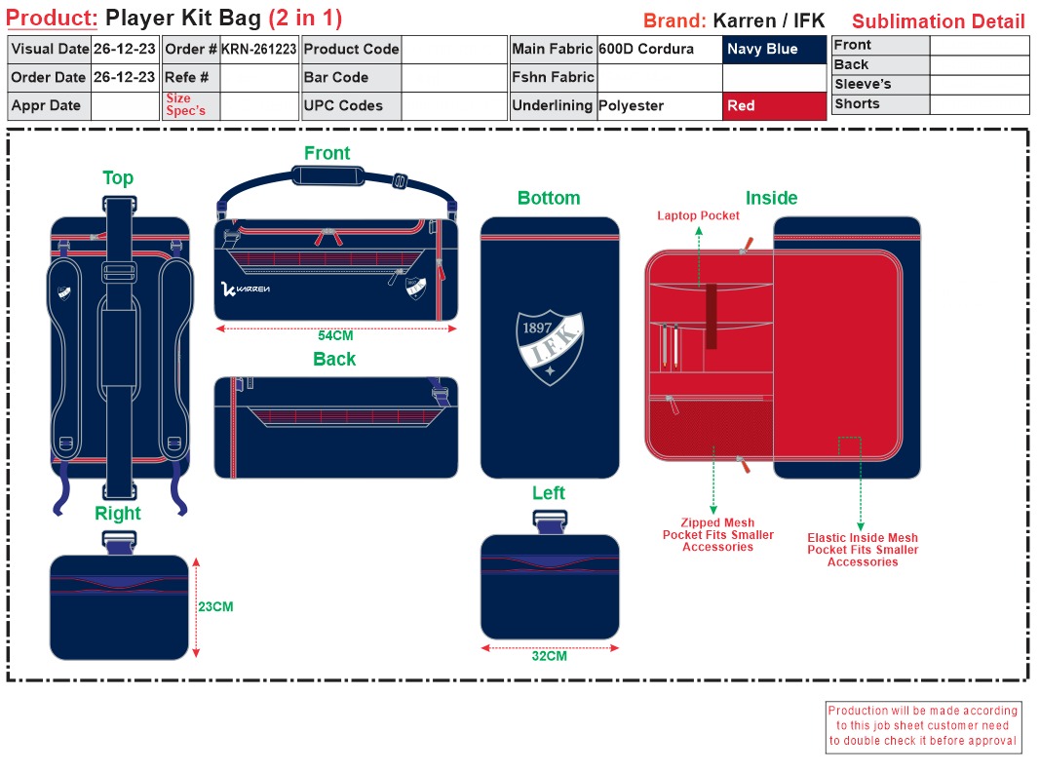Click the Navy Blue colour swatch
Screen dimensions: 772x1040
[774, 50]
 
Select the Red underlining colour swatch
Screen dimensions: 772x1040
[774, 106]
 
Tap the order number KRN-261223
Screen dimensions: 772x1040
[258, 50]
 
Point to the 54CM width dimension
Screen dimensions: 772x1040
[335, 336]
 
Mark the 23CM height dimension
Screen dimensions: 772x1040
[215, 606]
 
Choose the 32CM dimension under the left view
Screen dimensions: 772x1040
[549, 656]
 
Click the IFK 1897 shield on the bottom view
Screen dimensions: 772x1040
[550, 346]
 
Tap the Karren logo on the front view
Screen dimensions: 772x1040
[246, 289]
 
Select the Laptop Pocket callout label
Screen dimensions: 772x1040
[698, 215]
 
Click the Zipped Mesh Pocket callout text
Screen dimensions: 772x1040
[718, 535]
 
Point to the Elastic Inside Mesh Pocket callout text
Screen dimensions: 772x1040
[863, 550]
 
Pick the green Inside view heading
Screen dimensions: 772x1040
[771, 198]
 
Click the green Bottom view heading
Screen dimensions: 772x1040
[549, 198]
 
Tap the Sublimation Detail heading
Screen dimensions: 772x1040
[938, 21]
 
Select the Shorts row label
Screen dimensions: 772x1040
[857, 104]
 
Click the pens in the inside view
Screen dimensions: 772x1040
[670, 346]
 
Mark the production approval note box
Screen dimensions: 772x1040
[923, 725]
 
